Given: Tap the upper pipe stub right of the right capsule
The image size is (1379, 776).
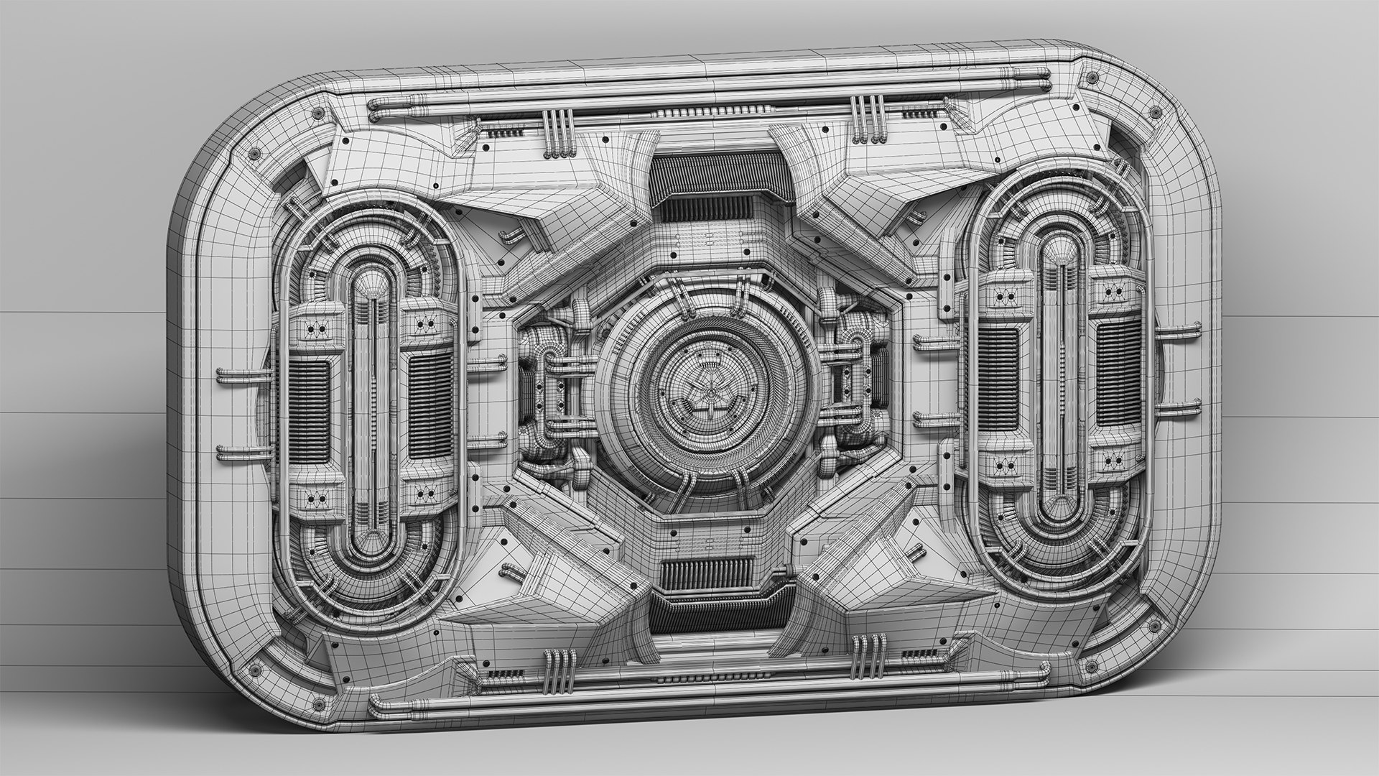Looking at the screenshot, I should [1178, 331].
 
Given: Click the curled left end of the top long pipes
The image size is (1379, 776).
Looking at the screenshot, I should [373, 109].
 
